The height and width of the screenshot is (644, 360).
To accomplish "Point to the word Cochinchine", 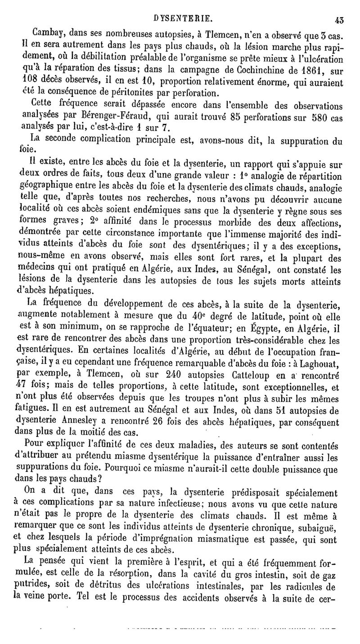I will (260, 71).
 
